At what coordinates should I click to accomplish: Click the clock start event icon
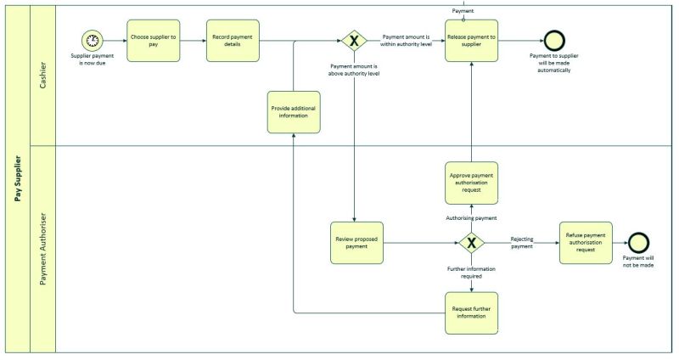(x=92, y=40)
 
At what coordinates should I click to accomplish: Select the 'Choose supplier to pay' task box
(x=154, y=40)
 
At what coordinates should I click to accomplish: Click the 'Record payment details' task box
(x=233, y=40)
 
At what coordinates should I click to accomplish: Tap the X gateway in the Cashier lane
(x=352, y=41)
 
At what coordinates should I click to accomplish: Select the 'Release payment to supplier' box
(x=471, y=40)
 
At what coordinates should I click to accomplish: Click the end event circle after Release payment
(x=553, y=40)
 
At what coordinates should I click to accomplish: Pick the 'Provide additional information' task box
(x=294, y=111)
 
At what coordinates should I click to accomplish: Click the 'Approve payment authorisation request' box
(x=471, y=183)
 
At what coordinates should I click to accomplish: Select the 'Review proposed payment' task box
(x=356, y=243)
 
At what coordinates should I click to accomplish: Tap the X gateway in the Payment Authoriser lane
(x=471, y=243)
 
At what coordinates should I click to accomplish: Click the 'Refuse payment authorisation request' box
(x=585, y=243)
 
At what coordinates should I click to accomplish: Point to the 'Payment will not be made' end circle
(x=637, y=243)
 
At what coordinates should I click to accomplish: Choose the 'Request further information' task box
(x=471, y=312)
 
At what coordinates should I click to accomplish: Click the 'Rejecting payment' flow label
(x=522, y=243)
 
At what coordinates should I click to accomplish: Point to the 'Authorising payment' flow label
(x=471, y=218)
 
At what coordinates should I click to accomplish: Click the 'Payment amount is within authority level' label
(x=407, y=40)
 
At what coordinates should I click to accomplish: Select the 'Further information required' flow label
(x=471, y=273)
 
